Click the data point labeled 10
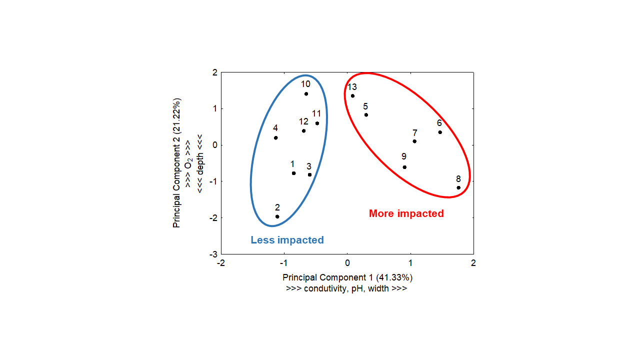306,94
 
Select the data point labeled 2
277,216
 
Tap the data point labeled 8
458,187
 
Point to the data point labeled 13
352,96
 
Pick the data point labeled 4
276,137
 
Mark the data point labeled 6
440,132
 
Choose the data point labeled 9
404,167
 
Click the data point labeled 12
303,131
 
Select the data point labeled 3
310,174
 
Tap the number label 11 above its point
316,114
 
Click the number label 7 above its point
415,133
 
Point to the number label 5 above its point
365,106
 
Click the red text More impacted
406,213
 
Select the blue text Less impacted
287,240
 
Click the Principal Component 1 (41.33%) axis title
347,277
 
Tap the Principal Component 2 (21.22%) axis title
176,163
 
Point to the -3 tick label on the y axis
213,254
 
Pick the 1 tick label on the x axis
410,263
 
